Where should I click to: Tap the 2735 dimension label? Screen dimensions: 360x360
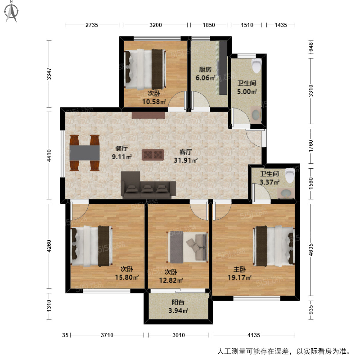(91, 25)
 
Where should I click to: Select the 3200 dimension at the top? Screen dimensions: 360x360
(156, 25)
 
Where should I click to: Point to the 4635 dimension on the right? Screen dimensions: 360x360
(311, 249)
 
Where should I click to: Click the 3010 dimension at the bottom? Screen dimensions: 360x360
(178, 335)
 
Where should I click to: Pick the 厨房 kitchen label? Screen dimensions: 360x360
(205, 70)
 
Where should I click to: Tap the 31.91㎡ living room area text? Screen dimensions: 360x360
(186, 160)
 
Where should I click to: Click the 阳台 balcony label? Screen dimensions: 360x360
(178, 302)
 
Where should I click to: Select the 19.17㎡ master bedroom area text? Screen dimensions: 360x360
(239, 277)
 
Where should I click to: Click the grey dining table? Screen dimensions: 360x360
(85, 153)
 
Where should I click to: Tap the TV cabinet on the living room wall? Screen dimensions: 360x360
(148, 115)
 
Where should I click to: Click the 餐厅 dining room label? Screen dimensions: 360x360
(122, 148)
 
